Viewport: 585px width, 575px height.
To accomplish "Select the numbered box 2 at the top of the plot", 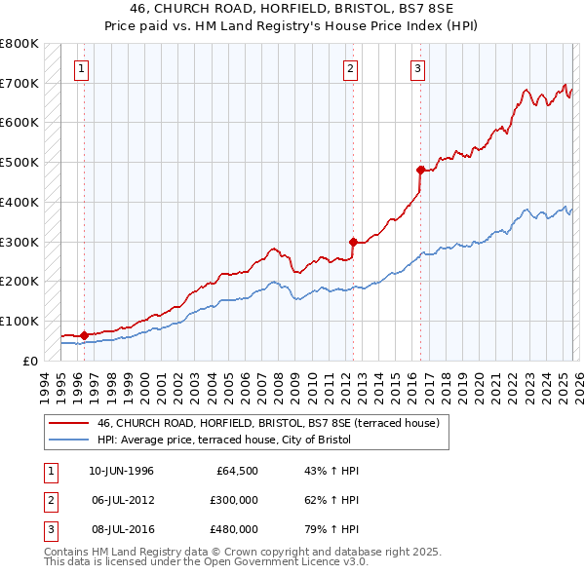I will (349, 68).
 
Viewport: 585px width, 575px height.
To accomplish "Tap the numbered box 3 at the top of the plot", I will (417, 68).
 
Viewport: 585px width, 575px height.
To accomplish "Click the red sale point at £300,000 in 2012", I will (353, 241).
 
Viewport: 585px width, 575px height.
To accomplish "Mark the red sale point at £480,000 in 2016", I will (420, 170).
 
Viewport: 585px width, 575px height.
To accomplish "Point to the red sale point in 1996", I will (85, 335).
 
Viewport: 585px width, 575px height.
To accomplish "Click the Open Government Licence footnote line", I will (207, 562).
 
